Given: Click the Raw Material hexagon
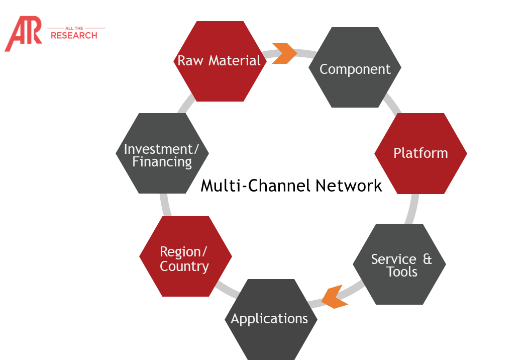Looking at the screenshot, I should click(220, 61).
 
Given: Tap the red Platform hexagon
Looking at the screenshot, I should click(420, 153).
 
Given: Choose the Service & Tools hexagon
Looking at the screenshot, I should click(399, 264).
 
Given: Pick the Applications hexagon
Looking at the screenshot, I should click(270, 319).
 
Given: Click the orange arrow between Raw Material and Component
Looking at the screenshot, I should click(284, 53).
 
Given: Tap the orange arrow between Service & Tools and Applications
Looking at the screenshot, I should click(335, 297).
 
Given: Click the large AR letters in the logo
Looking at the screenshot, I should click(23, 34).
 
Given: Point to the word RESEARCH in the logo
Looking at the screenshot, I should click(74, 36).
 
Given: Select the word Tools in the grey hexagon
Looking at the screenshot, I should click(402, 272).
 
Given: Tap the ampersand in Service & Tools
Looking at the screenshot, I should click(428, 259).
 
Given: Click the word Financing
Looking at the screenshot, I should click(162, 162).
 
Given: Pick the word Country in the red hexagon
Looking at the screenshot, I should click(184, 266).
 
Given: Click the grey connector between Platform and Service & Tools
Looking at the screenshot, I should click(413, 209).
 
